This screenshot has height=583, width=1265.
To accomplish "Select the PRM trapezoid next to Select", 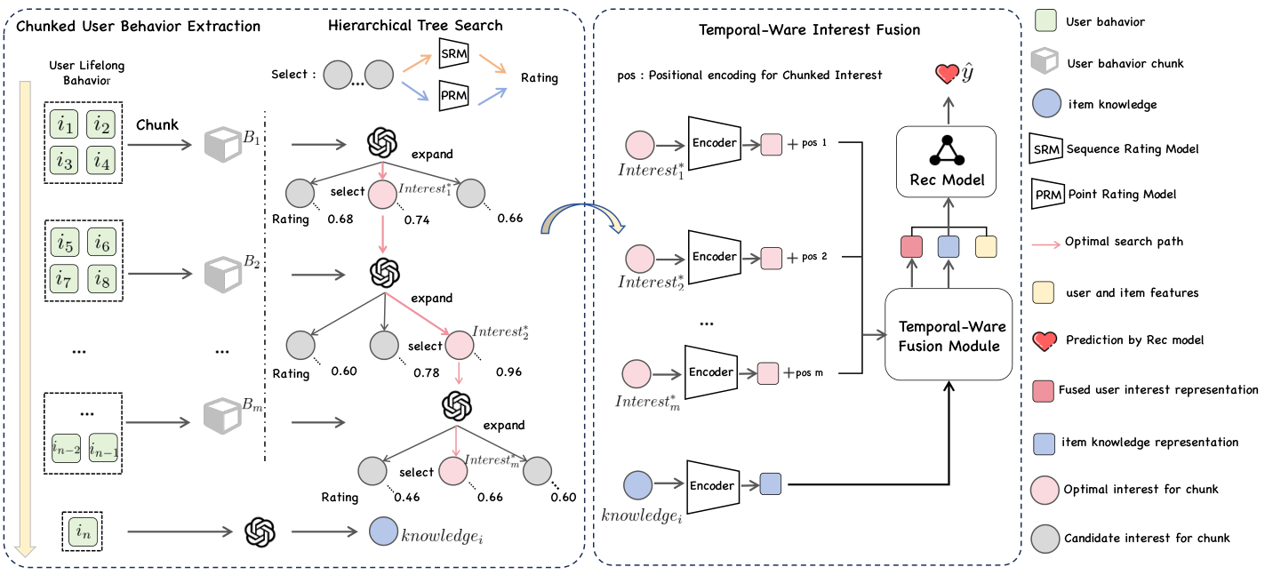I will pyautogui.click(x=453, y=95).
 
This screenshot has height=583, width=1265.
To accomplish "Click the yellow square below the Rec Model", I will pyautogui.click(x=987, y=247).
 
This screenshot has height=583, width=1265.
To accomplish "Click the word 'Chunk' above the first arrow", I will pyautogui.click(x=157, y=124).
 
